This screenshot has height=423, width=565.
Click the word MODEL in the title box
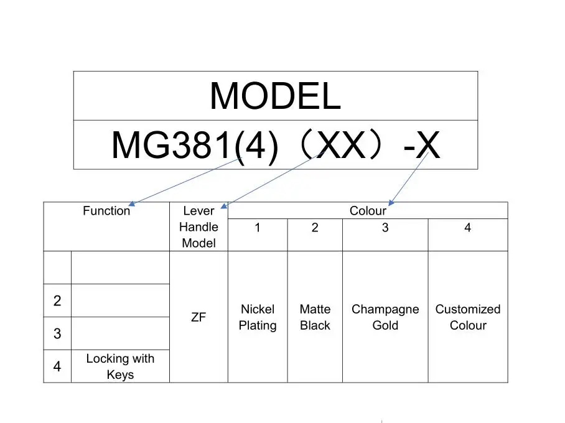[x=275, y=96]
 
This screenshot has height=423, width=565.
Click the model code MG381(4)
[x=194, y=146]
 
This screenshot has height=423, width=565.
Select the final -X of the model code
[x=422, y=146]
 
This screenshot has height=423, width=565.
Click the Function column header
[x=106, y=211]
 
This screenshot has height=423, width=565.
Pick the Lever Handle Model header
[x=198, y=227]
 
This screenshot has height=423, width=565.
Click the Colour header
[x=368, y=211]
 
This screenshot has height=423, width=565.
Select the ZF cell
[x=198, y=317]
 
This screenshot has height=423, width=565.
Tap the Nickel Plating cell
[x=258, y=317]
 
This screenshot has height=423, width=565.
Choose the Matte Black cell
[x=315, y=317]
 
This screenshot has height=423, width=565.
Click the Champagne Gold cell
[x=385, y=317]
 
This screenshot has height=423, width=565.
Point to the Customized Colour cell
[x=468, y=317]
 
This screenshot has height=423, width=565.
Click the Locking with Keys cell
[x=120, y=366]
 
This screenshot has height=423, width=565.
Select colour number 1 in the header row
[x=258, y=228]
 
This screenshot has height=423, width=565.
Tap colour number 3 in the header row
[x=385, y=228]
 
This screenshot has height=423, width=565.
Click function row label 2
[x=57, y=301]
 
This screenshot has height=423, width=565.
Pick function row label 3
[x=57, y=334]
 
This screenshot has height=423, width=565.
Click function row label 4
[x=57, y=366]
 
